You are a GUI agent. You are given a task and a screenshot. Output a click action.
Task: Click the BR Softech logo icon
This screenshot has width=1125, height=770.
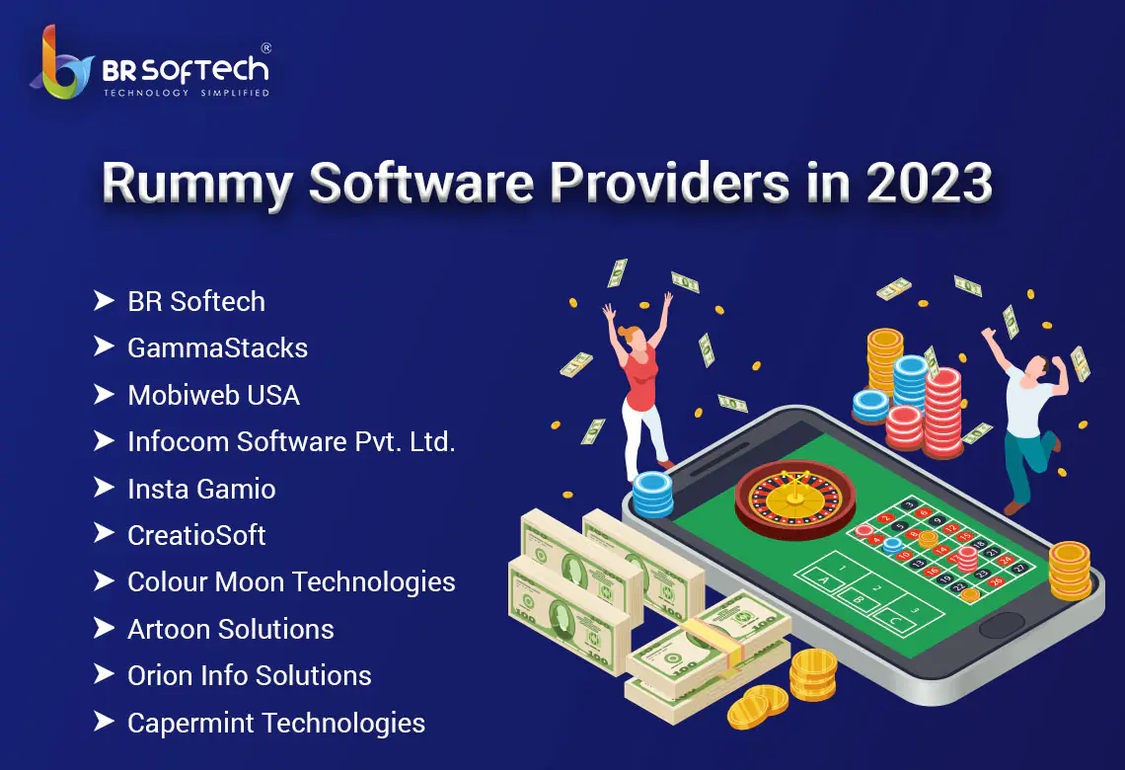[61, 64]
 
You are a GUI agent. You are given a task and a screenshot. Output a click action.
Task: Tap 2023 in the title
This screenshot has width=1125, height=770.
[930, 182]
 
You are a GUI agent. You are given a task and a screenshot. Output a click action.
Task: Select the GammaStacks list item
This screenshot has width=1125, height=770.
[217, 348]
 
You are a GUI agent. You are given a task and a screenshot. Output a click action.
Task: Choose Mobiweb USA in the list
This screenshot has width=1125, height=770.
[214, 396]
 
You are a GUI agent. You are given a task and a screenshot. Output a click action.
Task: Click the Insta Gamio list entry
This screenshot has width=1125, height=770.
[201, 489]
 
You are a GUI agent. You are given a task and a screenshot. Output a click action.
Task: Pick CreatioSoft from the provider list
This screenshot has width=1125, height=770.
[196, 535]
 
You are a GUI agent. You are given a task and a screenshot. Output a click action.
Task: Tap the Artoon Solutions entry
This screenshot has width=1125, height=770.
[230, 630]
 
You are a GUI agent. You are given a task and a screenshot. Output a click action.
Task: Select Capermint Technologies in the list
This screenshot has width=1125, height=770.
[276, 724]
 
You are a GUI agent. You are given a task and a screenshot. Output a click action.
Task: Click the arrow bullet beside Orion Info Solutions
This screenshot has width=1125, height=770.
[104, 674]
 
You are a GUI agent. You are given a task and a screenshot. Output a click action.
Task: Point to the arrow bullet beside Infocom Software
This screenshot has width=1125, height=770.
[104, 440]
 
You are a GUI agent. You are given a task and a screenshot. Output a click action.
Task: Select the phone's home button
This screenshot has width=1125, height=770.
[1002, 626]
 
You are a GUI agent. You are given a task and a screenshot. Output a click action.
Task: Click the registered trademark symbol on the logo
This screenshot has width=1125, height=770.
[266, 48]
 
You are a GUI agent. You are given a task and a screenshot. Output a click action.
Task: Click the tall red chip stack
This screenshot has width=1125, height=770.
[943, 413]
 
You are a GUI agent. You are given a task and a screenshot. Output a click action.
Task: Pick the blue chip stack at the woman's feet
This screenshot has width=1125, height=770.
[653, 495]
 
